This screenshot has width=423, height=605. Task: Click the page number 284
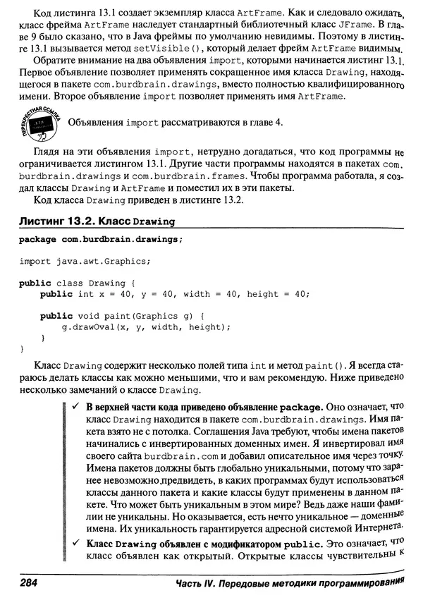[x=29, y=585]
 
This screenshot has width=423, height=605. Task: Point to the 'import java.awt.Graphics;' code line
[x=85, y=261]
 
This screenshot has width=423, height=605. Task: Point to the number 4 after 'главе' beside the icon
[x=279, y=122]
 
